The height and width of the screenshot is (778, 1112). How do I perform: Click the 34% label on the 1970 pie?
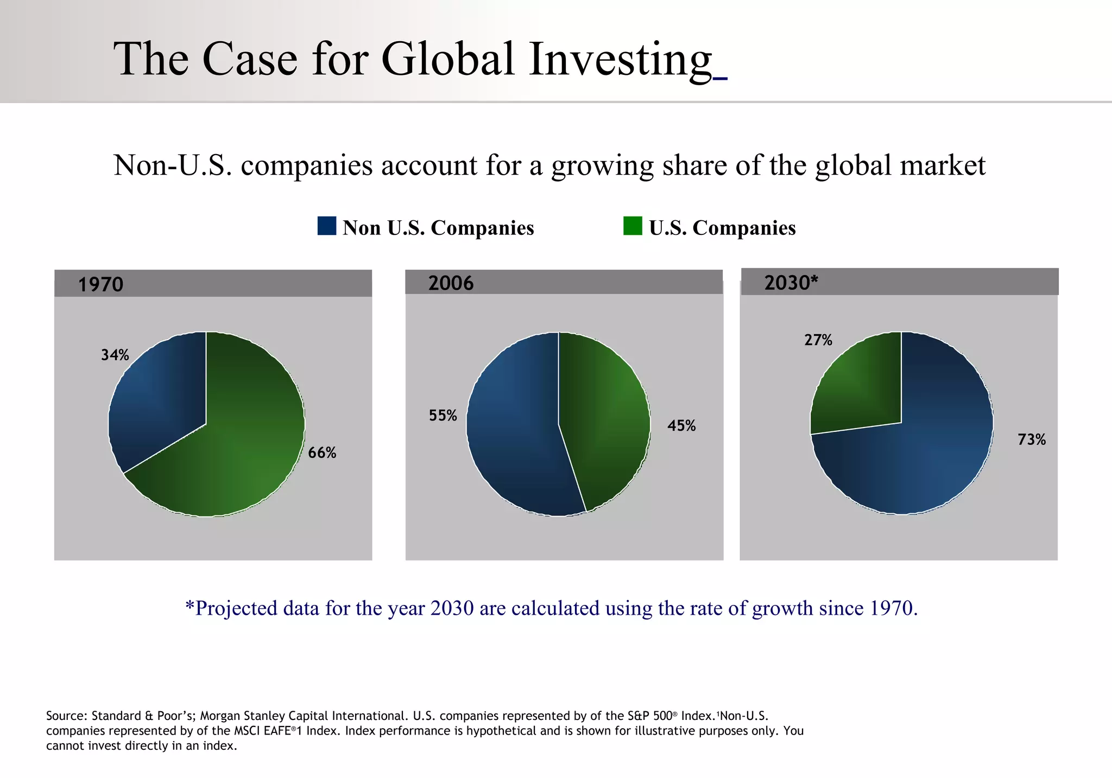(115, 355)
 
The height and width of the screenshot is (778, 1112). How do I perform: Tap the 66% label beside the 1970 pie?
(322, 453)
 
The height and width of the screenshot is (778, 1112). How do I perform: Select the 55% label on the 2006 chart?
(443, 416)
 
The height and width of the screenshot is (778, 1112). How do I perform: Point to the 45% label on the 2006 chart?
(681, 426)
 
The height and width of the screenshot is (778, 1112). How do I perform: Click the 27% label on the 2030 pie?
(818, 340)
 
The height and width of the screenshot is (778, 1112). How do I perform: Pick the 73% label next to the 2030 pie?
(1031, 440)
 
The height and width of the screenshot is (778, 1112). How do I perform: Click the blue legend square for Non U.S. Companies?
(327, 226)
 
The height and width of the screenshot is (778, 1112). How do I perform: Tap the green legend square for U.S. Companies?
(633, 226)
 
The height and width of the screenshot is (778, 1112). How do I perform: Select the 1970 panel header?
(213, 284)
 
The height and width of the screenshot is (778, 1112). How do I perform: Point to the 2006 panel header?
(564, 282)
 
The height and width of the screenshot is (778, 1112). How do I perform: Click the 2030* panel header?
(899, 282)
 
